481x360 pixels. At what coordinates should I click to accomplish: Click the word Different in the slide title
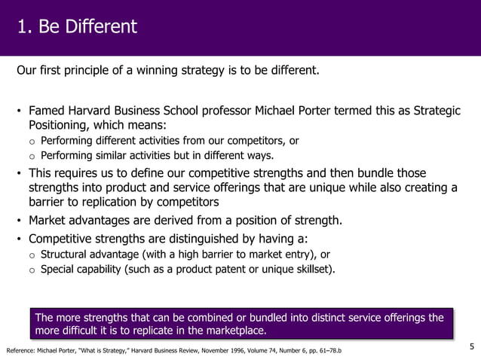101,27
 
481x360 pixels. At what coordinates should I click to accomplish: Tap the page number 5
471,346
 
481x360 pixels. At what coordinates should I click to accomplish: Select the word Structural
66,254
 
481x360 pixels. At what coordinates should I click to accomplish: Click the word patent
231,269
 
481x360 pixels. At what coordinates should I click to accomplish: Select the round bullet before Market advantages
20,221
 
